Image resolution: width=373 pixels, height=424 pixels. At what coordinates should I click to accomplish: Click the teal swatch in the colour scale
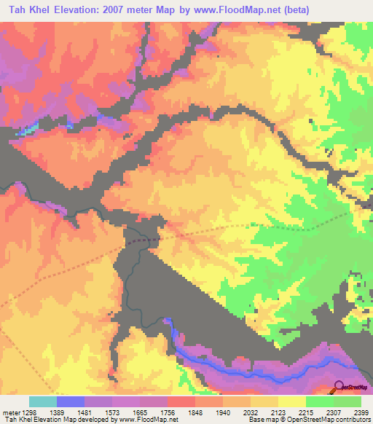click(x=42, y=401)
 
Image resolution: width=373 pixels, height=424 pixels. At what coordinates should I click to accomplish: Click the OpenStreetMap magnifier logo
click(x=339, y=386)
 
